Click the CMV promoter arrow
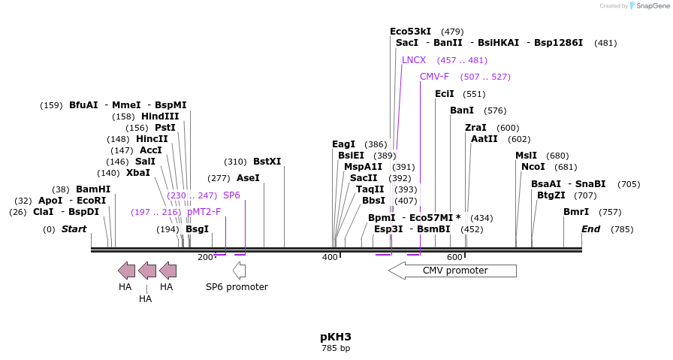tap(452, 271)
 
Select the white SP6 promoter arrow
tap(239, 270)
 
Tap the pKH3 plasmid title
tap(336, 336)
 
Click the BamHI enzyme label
tap(93, 189)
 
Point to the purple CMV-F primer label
tap(434, 77)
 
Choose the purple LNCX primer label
tap(414, 60)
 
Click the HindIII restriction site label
tap(160, 116)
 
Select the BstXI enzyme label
tap(267, 162)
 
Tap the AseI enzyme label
tap(248, 178)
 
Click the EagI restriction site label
tap(343, 144)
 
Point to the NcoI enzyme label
tap(533, 167)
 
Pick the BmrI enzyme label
tap(576, 212)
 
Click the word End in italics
tap(590, 229)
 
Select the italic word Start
tap(74, 229)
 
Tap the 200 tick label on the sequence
tap(205, 258)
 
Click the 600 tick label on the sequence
tap(454, 258)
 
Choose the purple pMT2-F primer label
tap(204, 212)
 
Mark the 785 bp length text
tap(336, 348)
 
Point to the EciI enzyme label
tap(445, 94)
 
